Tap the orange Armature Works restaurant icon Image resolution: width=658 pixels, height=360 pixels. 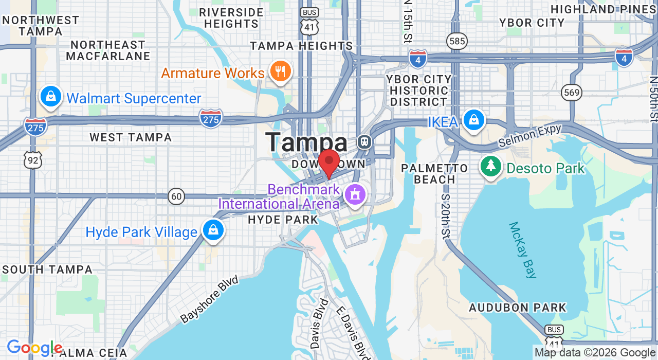[280, 72]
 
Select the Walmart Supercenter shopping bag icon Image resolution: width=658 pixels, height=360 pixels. [51, 97]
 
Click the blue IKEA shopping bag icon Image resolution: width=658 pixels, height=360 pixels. [473, 120]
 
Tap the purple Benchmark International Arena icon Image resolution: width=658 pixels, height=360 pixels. [355, 195]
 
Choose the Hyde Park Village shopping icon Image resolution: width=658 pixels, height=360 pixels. [212, 230]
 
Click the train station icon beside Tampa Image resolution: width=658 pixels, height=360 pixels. [364, 141]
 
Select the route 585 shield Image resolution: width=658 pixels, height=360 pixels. [456, 41]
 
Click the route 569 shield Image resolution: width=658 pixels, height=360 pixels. [572, 93]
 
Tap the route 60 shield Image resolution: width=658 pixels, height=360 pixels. [176, 196]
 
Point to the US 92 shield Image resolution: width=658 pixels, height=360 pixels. [32, 160]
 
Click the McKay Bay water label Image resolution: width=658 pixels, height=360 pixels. [523, 250]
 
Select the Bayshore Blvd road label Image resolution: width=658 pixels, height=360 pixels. [210, 299]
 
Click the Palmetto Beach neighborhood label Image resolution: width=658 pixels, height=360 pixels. [434, 174]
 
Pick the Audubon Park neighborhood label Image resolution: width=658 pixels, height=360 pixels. [517, 308]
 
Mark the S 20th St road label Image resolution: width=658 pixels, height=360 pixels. [446, 217]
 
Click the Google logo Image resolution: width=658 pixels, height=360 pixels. [34, 348]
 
